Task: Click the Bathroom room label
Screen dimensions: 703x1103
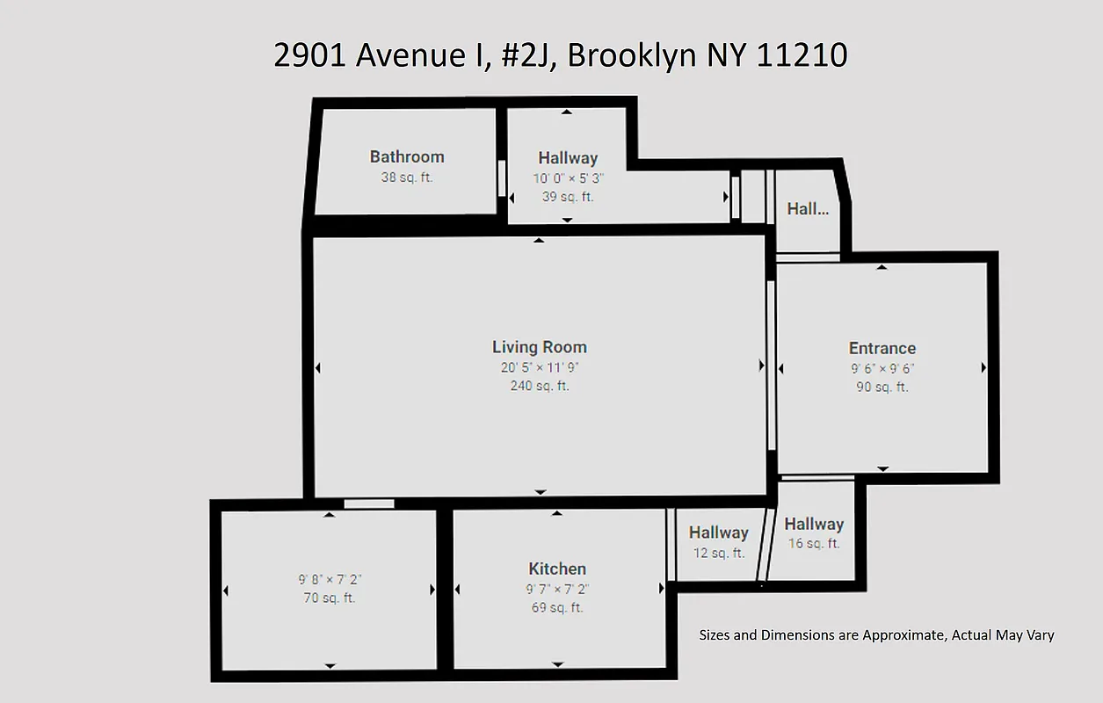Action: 407,156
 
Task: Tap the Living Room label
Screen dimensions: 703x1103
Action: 540,347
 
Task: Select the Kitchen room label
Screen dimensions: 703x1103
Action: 557,569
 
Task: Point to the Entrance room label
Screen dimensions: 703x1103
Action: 882,348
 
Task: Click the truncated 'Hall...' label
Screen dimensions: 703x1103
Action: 808,209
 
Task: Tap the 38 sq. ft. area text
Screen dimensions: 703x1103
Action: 407,178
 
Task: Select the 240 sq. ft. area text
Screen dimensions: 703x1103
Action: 540,386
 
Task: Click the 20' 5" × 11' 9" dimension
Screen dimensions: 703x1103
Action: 540,368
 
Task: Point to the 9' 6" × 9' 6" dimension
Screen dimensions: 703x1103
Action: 882,369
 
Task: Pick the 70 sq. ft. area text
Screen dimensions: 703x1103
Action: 330,598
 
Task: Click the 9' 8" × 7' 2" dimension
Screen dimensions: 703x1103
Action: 330,580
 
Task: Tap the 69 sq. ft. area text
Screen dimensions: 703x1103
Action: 557,608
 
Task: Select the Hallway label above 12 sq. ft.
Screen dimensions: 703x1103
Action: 718,533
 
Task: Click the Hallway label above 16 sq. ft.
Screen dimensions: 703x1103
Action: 814,524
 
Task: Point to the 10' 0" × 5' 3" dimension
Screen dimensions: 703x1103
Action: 568,178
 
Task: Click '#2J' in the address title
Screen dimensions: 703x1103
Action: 525,55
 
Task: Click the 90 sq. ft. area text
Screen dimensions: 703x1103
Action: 882,388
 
